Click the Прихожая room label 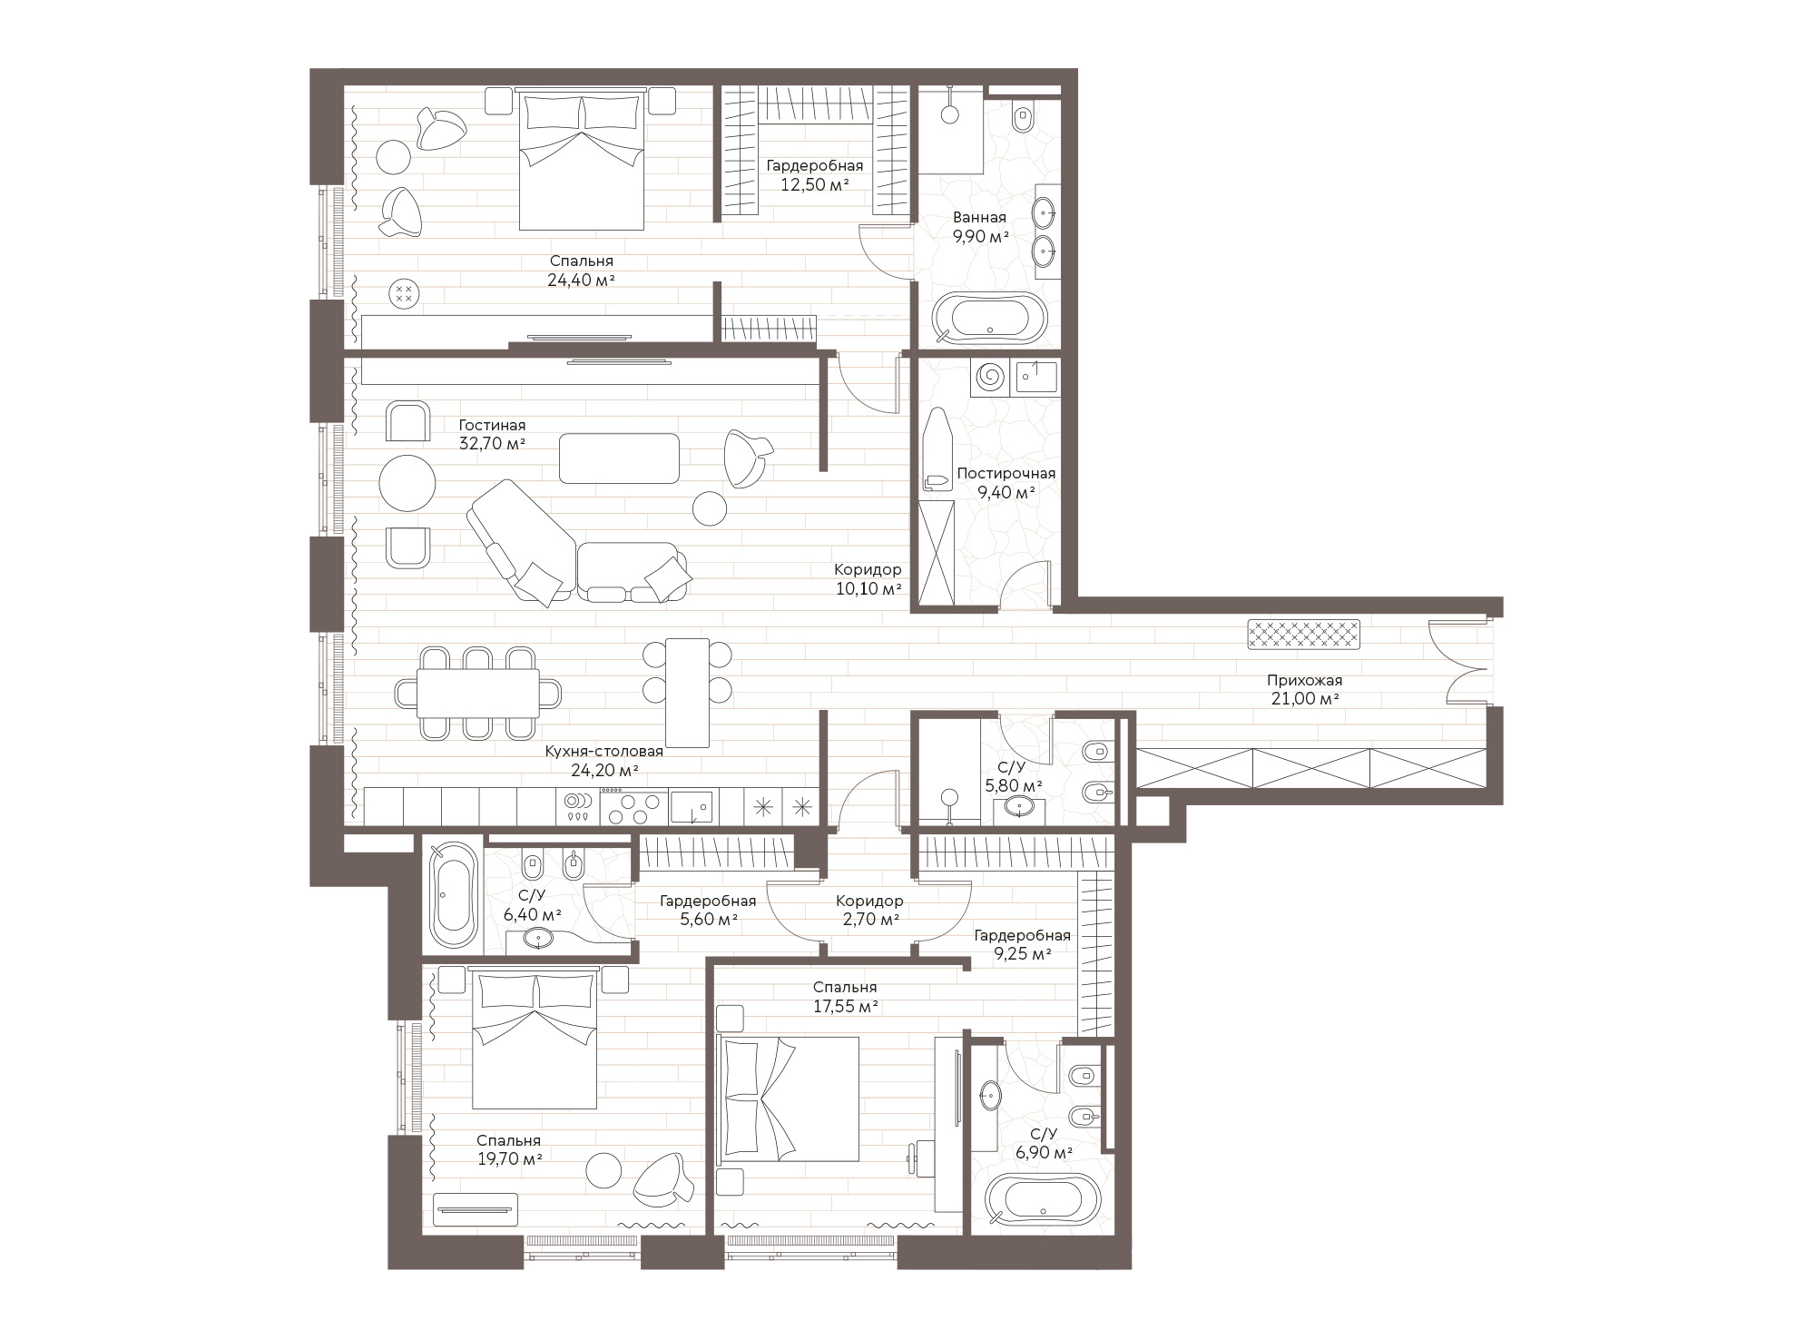[x=1304, y=680]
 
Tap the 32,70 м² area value [x=493, y=444]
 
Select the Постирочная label [x=1006, y=474]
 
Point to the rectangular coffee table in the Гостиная [x=619, y=458]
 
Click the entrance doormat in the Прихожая [x=1304, y=635]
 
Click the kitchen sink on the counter [x=692, y=806]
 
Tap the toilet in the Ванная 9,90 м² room [x=1025, y=117]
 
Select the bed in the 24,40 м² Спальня [x=581, y=160]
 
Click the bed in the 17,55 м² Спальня [x=789, y=1099]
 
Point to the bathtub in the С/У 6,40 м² [x=454, y=894]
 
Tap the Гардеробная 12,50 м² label [x=814, y=175]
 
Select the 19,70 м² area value [x=508, y=1158]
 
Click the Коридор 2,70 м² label [x=869, y=910]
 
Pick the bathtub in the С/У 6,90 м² [x=1043, y=1200]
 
